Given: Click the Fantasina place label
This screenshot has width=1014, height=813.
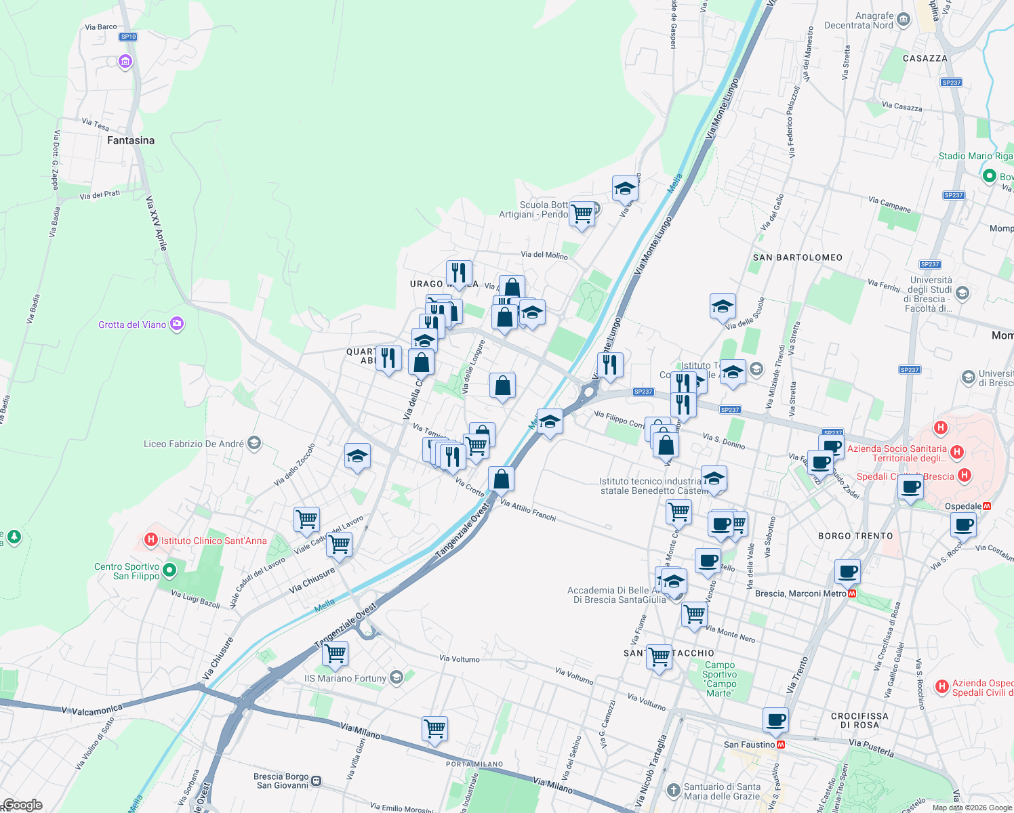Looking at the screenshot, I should point(131,140).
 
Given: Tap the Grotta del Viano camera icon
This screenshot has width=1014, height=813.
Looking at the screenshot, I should point(177,324).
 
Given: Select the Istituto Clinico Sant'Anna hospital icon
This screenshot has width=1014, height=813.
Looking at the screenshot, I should point(151,540).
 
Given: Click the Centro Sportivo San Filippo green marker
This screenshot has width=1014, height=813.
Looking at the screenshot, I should point(169,570).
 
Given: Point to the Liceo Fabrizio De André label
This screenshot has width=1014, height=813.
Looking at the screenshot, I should point(194,444).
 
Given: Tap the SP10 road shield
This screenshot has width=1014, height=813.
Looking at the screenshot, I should point(128,37).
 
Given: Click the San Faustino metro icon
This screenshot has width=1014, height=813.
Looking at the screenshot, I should point(781,745).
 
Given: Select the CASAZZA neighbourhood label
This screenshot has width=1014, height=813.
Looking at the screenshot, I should point(925,58).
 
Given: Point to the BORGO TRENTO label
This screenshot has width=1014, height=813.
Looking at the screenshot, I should point(855,536).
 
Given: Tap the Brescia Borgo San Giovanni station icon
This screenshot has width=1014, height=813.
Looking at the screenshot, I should point(316,780).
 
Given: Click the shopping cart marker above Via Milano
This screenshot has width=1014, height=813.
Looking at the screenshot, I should point(434,729).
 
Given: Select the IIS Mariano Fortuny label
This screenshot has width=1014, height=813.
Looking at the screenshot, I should point(345,678).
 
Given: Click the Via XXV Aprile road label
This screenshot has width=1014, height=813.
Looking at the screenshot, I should point(157,224).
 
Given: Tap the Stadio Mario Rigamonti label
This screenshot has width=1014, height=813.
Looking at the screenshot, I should point(975,156).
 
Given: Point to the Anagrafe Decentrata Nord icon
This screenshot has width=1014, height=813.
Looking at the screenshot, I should point(903,20).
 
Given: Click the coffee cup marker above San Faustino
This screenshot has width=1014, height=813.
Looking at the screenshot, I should point(775,720).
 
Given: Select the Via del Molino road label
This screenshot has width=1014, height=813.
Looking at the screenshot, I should point(544,255).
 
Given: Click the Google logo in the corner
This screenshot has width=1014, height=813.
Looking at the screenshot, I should point(22,805).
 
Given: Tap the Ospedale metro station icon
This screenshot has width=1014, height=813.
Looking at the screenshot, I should point(987,506).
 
